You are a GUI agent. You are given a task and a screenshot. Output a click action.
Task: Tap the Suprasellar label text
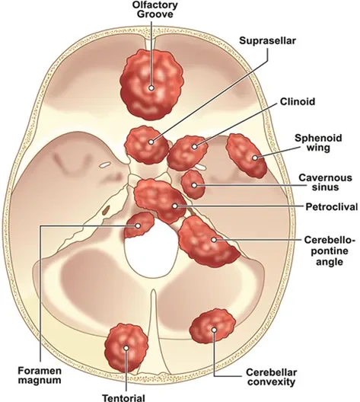click(267, 40)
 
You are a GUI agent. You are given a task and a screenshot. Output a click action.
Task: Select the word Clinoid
click(298, 101)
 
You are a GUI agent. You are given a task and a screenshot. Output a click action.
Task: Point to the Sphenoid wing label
click(318, 143)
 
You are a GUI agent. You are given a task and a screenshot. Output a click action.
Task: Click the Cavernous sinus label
click(325, 182)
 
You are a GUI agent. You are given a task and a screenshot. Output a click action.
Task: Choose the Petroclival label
click(332, 206)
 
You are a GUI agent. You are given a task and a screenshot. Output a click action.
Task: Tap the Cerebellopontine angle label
click(330, 251)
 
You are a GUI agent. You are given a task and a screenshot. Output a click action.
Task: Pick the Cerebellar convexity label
click(272, 377)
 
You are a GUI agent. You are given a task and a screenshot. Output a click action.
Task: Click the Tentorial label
click(124, 397)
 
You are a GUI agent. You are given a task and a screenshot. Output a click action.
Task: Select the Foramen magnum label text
click(40, 375)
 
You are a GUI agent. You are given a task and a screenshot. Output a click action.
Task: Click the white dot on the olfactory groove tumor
click(151, 88)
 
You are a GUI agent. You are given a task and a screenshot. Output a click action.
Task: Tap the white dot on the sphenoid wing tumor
click(255, 158)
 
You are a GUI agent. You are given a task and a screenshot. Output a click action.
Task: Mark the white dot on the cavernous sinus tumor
click(194, 185)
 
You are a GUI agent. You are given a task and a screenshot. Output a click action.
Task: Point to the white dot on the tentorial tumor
click(126, 348)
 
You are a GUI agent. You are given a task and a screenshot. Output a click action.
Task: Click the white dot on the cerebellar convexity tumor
click(214, 330)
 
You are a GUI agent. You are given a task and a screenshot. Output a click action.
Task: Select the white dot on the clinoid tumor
click(195, 147)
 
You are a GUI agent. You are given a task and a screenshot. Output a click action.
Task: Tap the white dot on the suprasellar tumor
click(151, 142)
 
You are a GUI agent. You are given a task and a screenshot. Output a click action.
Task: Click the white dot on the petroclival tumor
click(175, 206)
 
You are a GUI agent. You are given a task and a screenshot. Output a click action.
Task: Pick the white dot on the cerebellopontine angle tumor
click(214, 240)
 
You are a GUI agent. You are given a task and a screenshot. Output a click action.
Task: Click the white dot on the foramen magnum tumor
click(138, 226)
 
